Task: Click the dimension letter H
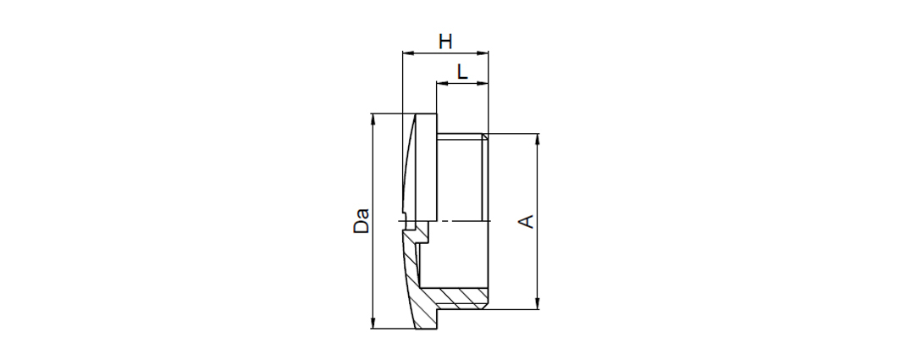tap(445, 42)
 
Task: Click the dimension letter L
tap(462, 72)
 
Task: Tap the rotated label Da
tap(361, 220)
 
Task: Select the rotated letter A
tap(527, 222)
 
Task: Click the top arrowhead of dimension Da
tap(373, 119)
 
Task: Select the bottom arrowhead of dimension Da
tap(373, 324)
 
